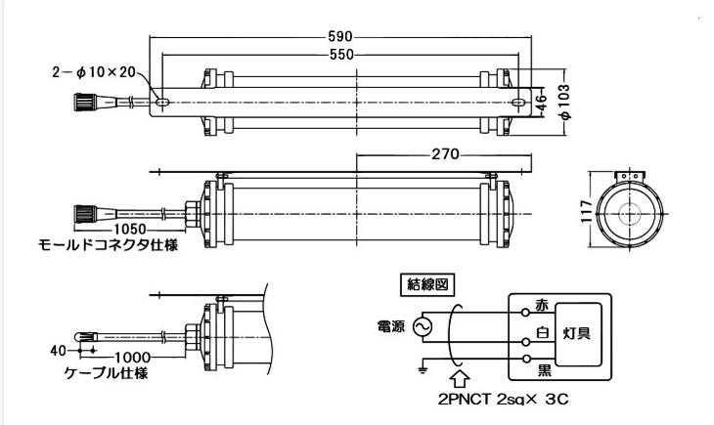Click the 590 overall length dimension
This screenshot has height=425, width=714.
pos(340,36)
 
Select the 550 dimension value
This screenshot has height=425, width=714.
pos(341,55)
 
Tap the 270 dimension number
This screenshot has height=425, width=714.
pos(445,154)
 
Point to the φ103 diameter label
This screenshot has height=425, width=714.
pos(564,102)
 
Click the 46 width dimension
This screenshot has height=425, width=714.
pos(542,102)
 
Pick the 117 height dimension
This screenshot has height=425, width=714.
pos(587,212)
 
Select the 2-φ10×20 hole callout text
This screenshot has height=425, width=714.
pos(94,72)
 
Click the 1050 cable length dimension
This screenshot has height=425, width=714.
pos(130,229)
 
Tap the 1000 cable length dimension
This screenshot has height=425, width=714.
pos(132,358)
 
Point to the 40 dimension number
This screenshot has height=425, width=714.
pos(59,351)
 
